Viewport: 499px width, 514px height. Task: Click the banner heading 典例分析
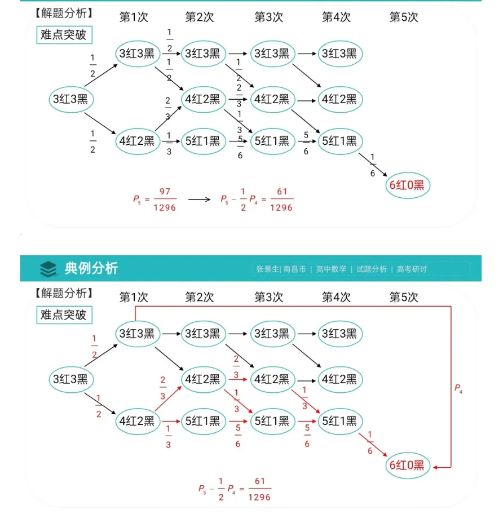click(x=91, y=268)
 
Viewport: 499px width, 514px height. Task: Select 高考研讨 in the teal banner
click(x=412, y=269)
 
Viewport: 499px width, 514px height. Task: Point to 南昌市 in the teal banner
click(x=294, y=269)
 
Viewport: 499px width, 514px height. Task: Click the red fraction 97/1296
click(x=165, y=200)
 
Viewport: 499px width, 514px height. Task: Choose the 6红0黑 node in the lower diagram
click(x=408, y=466)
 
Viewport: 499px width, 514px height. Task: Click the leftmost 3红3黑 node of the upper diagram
click(x=70, y=100)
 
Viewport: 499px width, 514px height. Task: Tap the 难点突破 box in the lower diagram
click(x=64, y=314)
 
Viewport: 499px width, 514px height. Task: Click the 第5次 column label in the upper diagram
click(x=404, y=17)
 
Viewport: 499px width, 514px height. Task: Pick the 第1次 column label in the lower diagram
click(x=134, y=296)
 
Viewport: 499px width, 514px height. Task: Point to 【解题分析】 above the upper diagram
click(x=63, y=12)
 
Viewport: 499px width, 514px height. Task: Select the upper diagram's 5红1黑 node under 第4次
click(x=339, y=141)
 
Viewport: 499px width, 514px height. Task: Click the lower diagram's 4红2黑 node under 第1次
click(x=136, y=420)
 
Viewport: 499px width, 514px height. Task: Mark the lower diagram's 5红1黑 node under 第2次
click(x=203, y=420)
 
